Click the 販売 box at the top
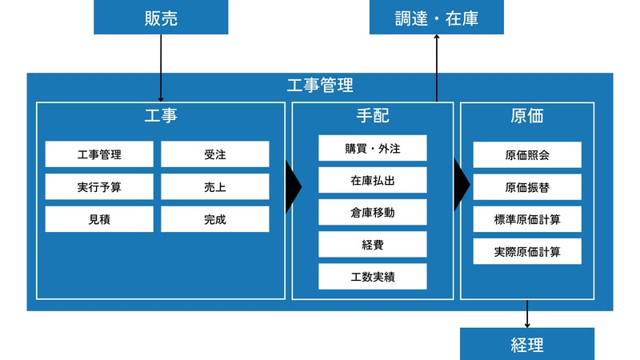[161, 18]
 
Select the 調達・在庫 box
[437, 18]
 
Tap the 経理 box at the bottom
[527, 344]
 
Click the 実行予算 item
[99, 186]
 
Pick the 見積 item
[99, 219]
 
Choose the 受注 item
[214, 154]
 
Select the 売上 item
[214, 186]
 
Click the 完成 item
[214, 219]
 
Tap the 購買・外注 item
[372, 148]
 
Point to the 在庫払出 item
[372, 180]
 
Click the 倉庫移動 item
[372, 212]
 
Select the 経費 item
[372, 244]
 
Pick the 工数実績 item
[372, 277]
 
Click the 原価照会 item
[527, 155]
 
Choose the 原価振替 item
[527, 187]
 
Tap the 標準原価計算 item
[527, 219]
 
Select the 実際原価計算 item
[527, 251]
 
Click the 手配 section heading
[372, 116]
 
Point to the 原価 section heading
[527, 116]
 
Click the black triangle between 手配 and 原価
[461, 185]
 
